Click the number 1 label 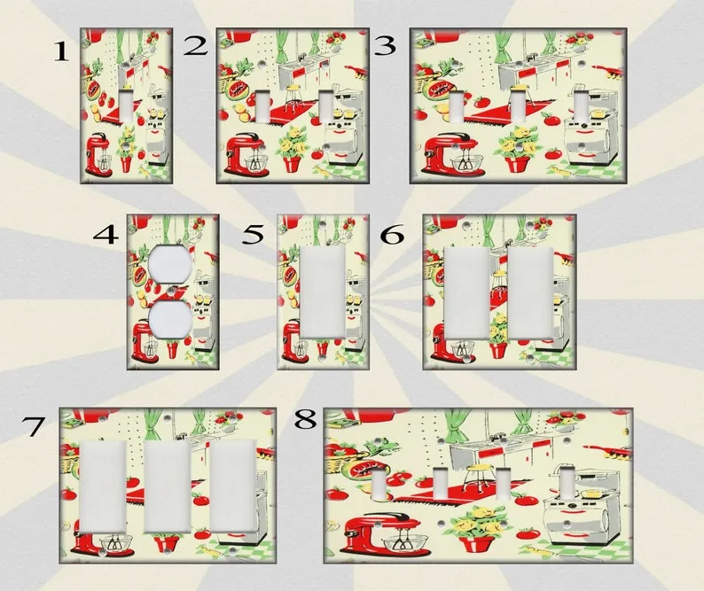pos(61,51)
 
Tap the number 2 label pos(196,46)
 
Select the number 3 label pos(385,46)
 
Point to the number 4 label pos(106,234)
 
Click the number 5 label pos(253,234)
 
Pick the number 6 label pos(392,234)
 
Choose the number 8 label pos(305,420)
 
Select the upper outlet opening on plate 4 pos(169,265)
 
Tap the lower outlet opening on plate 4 pos(169,319)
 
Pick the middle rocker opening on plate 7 pos(168,486)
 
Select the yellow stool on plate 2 pos(294,97)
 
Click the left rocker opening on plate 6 pos(466,292)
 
